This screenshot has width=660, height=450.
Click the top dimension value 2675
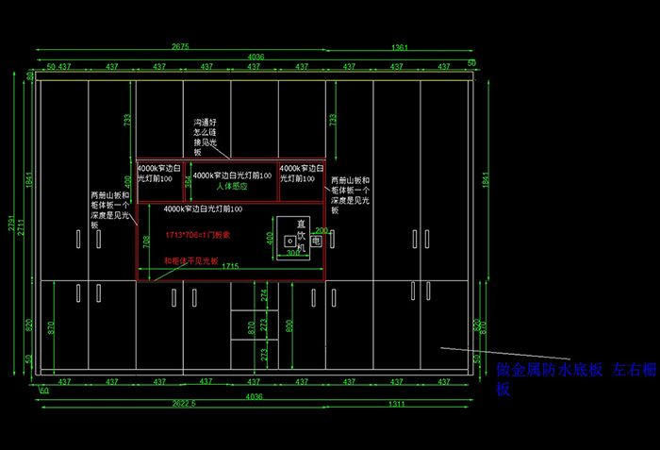click(180, 46)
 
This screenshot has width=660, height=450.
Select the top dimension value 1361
click(399, 46)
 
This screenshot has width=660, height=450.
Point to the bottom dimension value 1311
click(397, 404)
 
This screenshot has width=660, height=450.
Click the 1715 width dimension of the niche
click(229, 268)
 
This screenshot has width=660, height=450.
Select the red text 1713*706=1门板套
click(198, 234)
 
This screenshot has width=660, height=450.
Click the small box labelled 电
click(316, 242)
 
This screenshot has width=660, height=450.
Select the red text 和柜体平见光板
click(190, 260)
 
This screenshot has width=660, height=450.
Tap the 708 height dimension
click(145, 242)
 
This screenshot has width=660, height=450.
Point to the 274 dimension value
click(264, 294)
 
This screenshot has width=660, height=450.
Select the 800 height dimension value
click(289, 326)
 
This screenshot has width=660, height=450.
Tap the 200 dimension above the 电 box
click(321, 230)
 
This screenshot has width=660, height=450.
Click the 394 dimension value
click(188, 180)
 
